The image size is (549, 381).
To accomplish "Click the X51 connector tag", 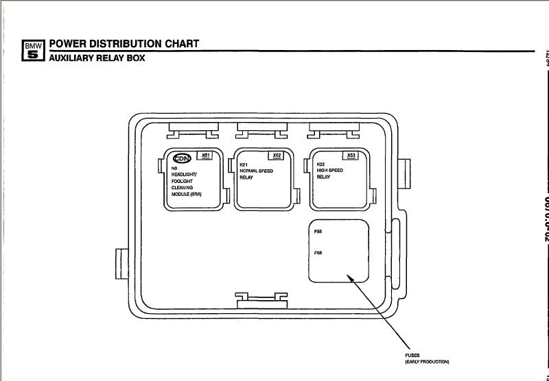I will pyautogui.click(x=206, y=156).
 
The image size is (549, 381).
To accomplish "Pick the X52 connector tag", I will pyautogui.click(x=277, y=156).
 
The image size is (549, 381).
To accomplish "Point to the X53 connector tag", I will pyautogui.click(x=351, y=156).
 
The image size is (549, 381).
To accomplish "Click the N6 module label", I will pyautogui.click(x=174, y=167).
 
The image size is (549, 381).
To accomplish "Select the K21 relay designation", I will pyautogui.click(x=243, y=165).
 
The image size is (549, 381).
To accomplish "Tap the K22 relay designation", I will pyautogui.click(x=320, y=164).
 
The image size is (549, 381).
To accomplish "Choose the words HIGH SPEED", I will pyautogui.click(x=331, y=171).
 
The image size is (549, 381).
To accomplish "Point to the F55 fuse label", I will pyautogui.click(x=318, y=232).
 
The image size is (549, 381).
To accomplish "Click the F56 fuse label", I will pyautogui.click(x=318, y=254).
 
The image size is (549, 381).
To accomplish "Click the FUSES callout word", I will pyautogui.click(x=412, y=356).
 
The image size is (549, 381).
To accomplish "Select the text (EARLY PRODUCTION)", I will pyautogui.click(x=428, y=361).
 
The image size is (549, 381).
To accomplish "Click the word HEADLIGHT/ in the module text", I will pyautogui.click(x=183, y=174).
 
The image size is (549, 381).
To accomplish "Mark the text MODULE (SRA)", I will pyautogui.click(x=187, y=194).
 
